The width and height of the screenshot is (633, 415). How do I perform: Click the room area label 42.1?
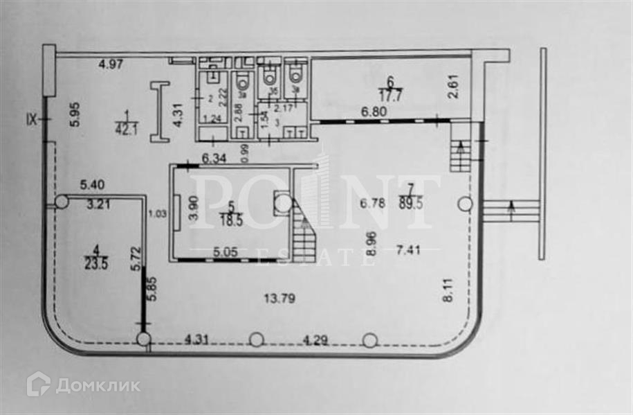point(127,126)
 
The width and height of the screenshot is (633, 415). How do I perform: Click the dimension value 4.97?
point(110,64)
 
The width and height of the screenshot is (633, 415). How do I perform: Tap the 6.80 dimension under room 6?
point(371,110)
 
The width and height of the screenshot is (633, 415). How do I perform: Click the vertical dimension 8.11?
point(449,288)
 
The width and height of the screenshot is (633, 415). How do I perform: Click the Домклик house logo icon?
point(38,385)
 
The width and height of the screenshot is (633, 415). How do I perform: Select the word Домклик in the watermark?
point(98,385)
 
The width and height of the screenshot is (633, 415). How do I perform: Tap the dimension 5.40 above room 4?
point(94,185)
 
